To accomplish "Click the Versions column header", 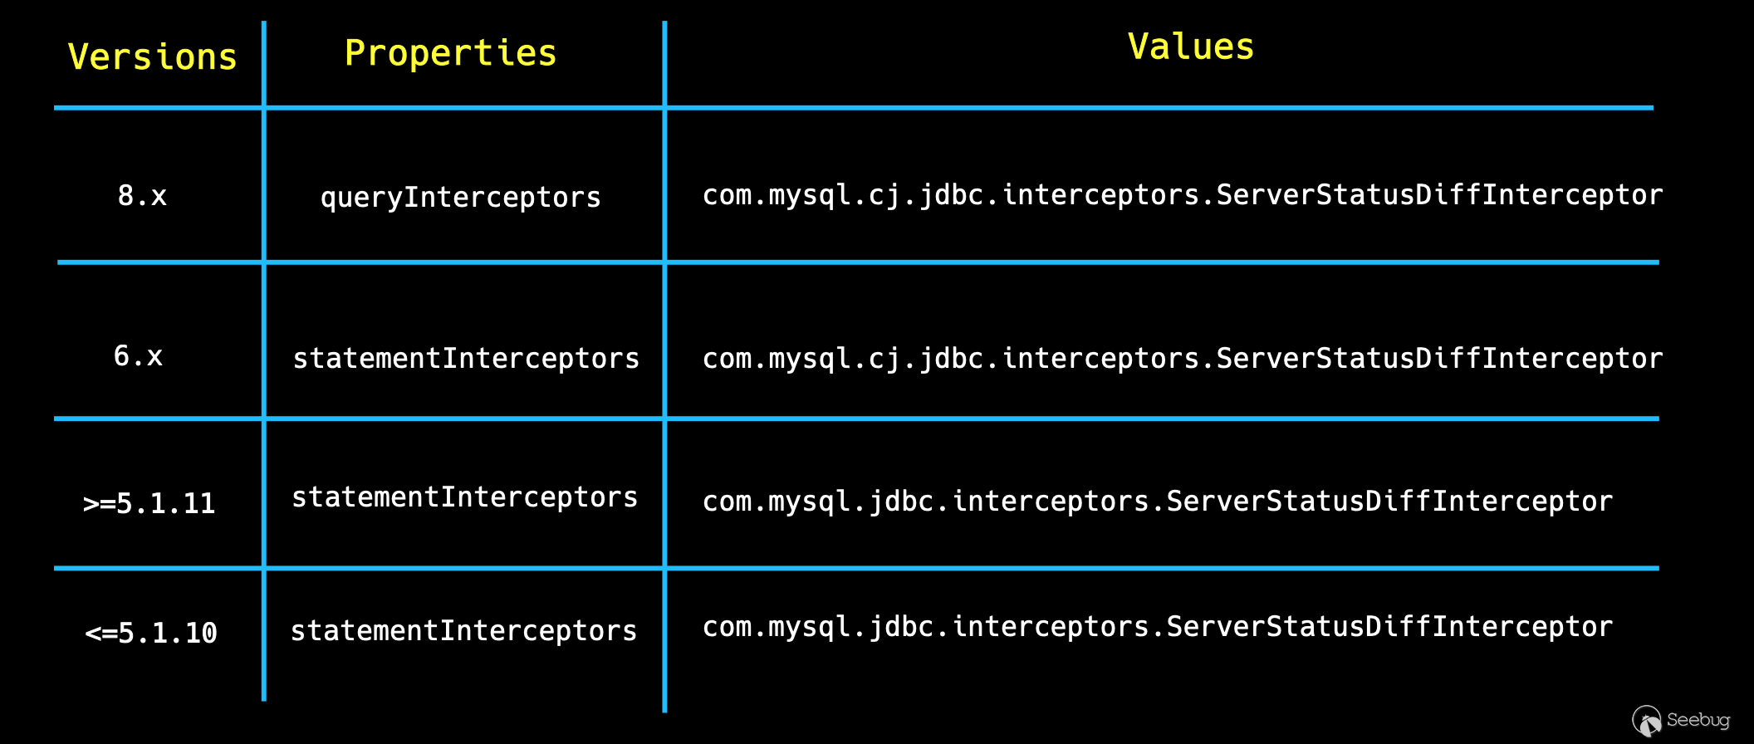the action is [152, 56].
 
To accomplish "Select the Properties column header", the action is [450, 54].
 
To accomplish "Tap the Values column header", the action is [1190, 47].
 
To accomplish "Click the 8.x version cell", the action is [142, 196].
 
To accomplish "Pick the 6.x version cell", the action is [138, 356].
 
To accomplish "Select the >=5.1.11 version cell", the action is [149, 503].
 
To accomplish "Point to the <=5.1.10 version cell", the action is [151, 633].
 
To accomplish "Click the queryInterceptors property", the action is [460, 198].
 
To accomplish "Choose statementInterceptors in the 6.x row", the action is [466, 358].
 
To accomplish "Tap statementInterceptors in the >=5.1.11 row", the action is [464, 497].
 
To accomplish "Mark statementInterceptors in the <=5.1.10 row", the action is [463, 630].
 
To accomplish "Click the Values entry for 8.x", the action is [1183, 195].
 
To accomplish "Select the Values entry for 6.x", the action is [1183, 359].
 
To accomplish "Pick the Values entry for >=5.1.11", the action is [1158, 502].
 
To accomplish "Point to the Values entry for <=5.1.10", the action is [1158, 627].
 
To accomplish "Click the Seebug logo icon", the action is [1646, 720].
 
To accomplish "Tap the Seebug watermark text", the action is [1698, 720].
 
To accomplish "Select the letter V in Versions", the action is [78, 56].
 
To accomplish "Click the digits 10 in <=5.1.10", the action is [201, 633].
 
